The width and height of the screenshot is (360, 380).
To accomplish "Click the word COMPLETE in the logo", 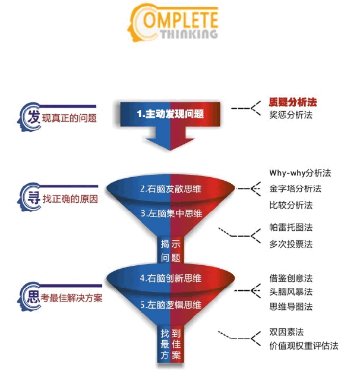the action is click(x=174, y=19).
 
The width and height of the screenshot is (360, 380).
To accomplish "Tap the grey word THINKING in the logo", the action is click(x=189, y=34).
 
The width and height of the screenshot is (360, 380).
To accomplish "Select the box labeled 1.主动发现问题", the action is click(x=170, y=114).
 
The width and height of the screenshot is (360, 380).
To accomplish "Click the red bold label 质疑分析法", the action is click(x=293, y=102).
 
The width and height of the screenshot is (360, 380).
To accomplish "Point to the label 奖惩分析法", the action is click(x=290, y=115).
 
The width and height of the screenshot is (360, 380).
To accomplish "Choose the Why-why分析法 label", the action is click(x=300, y=173).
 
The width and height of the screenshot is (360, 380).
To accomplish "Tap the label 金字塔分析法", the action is click(x=295, y=189).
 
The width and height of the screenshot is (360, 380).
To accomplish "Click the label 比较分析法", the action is click(x=290, y=205).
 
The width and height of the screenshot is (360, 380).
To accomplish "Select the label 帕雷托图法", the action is click(x=290, y=227).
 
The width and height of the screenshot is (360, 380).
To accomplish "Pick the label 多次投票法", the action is click(x=290, y=244).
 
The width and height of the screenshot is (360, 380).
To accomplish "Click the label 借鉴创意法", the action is click(x=290, y=278).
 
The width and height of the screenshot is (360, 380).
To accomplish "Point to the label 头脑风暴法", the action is click(x=290, y=292).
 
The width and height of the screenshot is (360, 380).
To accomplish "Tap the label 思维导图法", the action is click(x=290, y=307).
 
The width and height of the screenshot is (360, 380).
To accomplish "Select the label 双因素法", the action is click(x=286, y=332).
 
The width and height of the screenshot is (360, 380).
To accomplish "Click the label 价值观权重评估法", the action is click(x=304, y=346).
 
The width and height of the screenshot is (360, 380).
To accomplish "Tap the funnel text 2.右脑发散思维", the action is click(x=170, y=189).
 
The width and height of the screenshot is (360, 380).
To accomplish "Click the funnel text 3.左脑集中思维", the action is click(x=172, y=213).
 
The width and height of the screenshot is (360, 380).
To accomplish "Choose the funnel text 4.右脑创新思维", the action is click(x=170, y=278).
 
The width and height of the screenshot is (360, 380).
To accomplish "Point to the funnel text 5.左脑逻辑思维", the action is click(x=170, y=305).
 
